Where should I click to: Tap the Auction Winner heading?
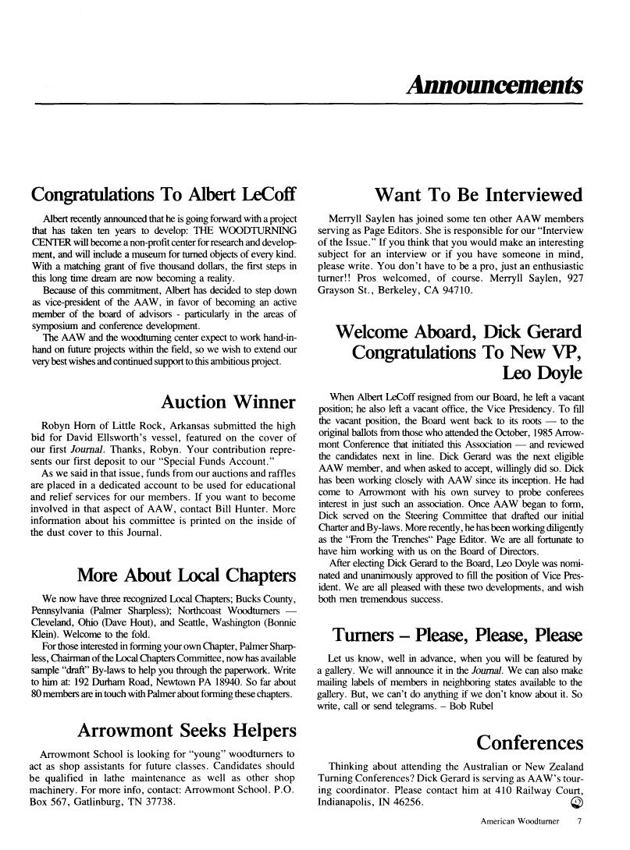[x=228, y=402]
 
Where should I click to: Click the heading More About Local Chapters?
[x=187, y=576]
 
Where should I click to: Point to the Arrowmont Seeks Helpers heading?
[x=187, y=731]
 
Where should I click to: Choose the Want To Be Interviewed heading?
[x=479, y=194]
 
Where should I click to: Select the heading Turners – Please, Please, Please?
[x=457, y=634]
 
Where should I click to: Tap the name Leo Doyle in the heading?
[x=543, y=373]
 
